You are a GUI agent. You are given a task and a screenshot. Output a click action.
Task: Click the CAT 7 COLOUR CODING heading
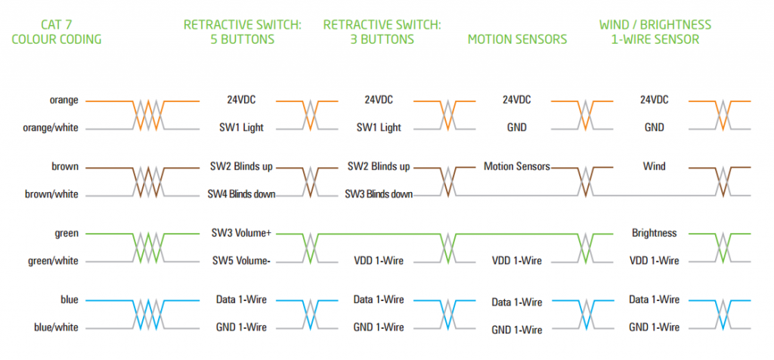[x=57, y=32]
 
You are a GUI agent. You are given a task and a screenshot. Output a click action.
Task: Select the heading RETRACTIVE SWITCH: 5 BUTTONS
[x=242, y=32]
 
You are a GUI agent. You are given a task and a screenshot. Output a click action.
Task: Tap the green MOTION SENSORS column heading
[x=517, y=39]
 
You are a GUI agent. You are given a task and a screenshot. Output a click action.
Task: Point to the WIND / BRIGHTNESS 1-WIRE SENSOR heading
[x=655, y=32]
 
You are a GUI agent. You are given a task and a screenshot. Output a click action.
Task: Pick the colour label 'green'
[x=66, y=233]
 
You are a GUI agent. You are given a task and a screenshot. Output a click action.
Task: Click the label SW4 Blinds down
[x=241, y=194]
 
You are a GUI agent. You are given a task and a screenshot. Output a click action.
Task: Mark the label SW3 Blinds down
[x=379, y=194]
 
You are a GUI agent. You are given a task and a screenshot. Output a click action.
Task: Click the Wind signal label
[x=654, y=166]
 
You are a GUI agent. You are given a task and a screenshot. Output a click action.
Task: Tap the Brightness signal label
[x=654, y=233]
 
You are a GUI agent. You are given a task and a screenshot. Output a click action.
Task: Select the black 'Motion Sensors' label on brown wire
[x=517, y=166]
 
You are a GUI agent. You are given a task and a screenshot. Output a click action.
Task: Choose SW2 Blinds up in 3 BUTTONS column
[x=379, y=166]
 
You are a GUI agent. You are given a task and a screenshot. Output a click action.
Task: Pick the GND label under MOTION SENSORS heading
[x=517, y=128]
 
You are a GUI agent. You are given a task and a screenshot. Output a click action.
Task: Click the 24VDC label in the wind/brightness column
[x=654, y=100]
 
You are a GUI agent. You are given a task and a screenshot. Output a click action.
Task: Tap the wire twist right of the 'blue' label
[x=148, y=314]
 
